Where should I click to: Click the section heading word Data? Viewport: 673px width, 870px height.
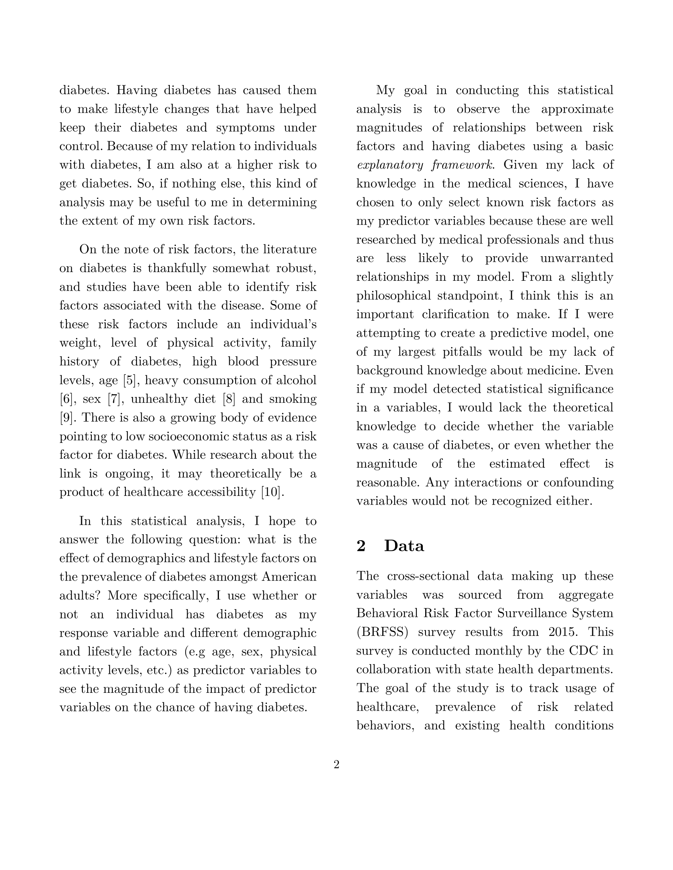coord(404,546)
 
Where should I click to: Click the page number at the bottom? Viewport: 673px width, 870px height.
coord(336,764)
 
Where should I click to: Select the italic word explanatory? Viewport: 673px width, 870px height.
coord(390,165)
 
